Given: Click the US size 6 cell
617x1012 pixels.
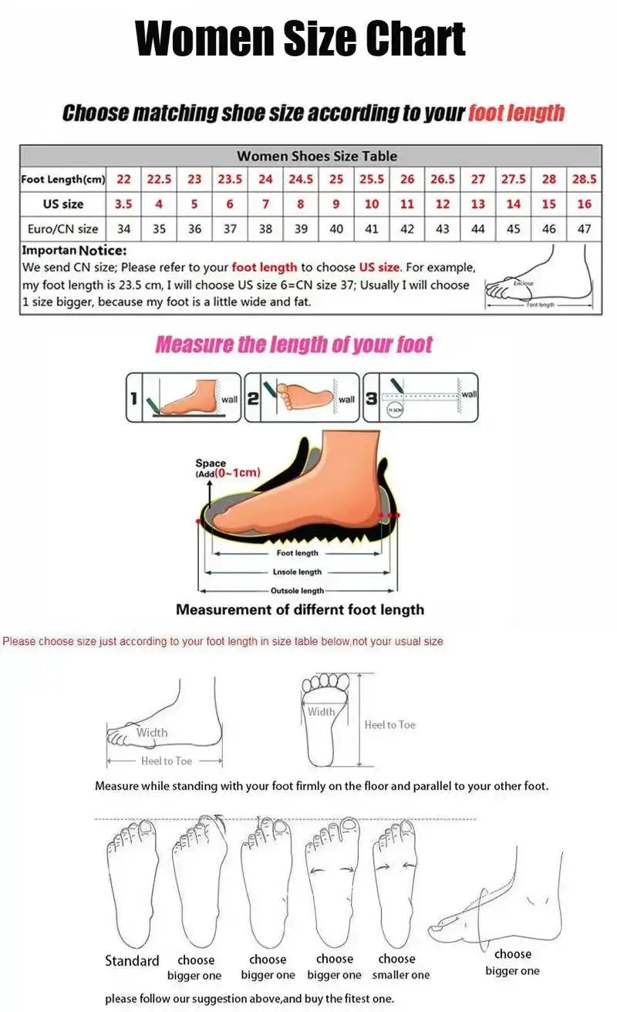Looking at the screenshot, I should [230, 204].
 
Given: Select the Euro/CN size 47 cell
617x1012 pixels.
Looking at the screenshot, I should [584, 228].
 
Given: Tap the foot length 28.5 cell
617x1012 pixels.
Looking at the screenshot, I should [584, 179].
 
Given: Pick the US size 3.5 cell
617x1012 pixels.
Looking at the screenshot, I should [123, 204].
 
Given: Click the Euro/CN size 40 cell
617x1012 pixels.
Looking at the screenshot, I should [336, 228].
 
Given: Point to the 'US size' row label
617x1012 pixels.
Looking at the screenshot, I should [63, 204].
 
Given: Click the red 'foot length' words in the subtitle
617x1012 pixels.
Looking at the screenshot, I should [516, 113].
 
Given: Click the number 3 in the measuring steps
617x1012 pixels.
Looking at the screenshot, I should [372, 398].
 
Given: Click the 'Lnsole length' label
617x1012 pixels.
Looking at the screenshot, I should [297, 572].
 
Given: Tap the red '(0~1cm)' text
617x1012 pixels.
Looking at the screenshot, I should [238, 472].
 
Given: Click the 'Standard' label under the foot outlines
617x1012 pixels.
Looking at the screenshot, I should [132, 961].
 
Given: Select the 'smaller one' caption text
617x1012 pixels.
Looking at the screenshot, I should [401, 975].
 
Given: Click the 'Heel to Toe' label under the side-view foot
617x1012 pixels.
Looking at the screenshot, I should [166, 761].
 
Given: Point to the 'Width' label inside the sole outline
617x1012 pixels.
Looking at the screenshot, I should [321, 711].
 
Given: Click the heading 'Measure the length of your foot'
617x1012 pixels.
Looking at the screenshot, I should [294, 345].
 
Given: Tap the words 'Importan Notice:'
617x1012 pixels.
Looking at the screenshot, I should [74, 251].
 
